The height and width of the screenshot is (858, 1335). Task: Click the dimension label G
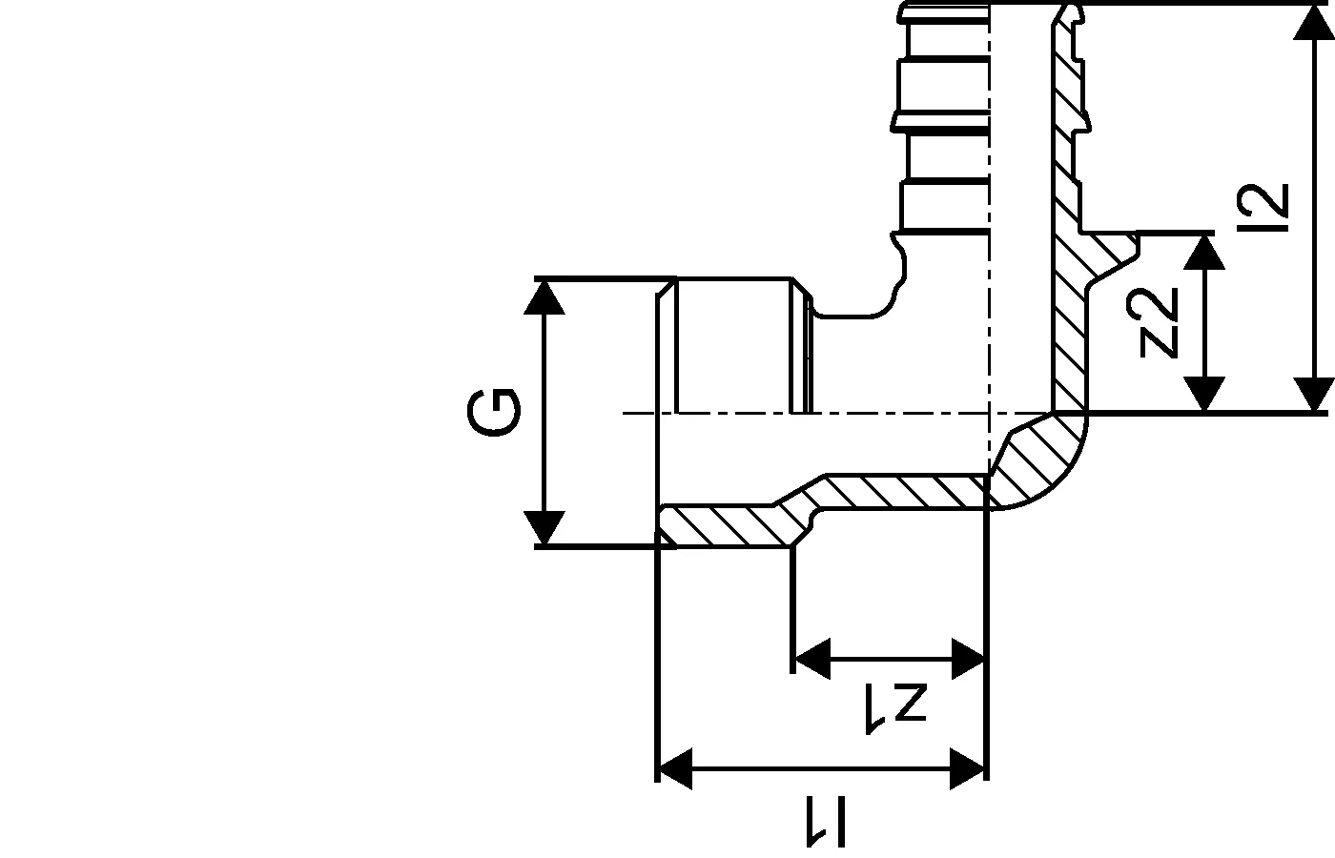click(x=493, y=413)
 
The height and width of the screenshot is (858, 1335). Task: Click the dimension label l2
click(x=1263, y=208)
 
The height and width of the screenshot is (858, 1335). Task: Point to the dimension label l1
click(x=826, y=822)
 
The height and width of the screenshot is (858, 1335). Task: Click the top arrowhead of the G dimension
click(x=544, y=297)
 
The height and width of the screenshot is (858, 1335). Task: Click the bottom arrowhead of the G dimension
click(x=544, y=527)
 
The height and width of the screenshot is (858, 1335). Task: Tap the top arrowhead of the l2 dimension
click(x=1314, y=23)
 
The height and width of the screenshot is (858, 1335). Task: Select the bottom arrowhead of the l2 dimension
click(x=1314, y=394)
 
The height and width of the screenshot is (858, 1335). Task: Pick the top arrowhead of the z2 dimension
click(x=1204, y=253)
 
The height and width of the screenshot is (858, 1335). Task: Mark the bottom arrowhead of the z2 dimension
click(x=1204, y=394)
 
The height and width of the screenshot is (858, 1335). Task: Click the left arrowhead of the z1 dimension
click(x=812, y=659)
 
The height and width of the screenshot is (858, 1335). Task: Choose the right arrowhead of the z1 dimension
click(x=968, y=659)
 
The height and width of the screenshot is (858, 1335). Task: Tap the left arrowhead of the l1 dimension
click(x=675, y=769)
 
